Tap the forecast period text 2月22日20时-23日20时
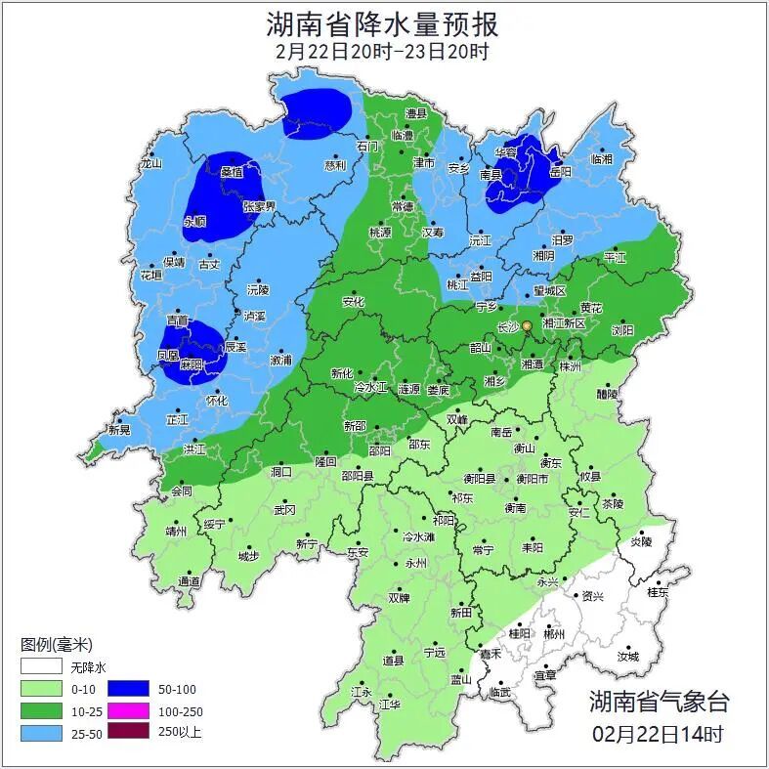[x=383, y=52]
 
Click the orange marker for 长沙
[x=527, y=325]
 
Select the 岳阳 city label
[x=560, y=171]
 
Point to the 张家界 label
[x=259, y=206]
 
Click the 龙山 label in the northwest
[x=150, y=164]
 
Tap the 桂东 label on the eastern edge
[x=658, y=592]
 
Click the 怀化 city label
[x=217, y=401]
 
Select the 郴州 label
[x=554, y=633]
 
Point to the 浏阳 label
[x=622, y=330]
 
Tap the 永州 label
[x=416, y=564]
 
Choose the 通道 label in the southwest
[x=189, y=582]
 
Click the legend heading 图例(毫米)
[x=56, y=645]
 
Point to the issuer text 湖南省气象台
[x=658, y=701]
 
